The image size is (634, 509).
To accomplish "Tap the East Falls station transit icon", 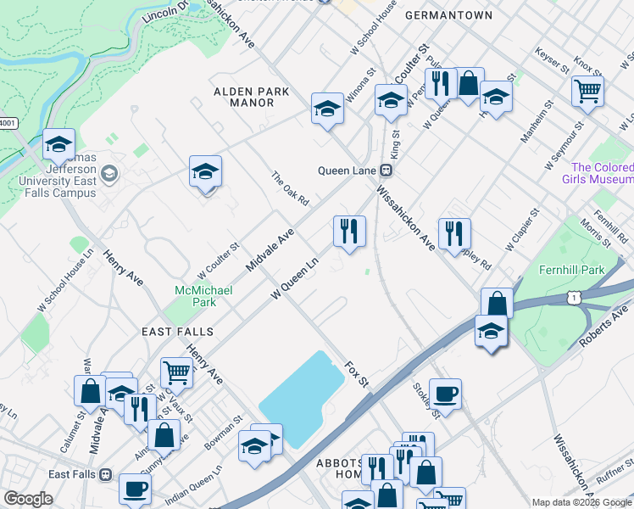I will pos(105,474).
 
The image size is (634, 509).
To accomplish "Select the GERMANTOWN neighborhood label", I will pos(448,15).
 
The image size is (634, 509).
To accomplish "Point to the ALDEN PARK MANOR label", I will pos(251,97).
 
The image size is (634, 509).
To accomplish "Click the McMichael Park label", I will pos(195,296).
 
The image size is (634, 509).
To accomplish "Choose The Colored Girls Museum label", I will pos(601,173).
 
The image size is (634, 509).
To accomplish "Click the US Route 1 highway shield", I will pos(575,296).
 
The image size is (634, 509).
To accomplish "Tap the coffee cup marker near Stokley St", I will pos(445,394).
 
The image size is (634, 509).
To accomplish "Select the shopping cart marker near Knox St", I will pos(587,91).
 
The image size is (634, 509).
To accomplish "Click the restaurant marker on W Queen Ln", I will pos(348,230).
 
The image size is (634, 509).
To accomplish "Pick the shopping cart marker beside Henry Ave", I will pos(176,372).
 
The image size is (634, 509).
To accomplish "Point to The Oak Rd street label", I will pos(290,189).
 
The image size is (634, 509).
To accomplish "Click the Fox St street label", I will pos(357,373).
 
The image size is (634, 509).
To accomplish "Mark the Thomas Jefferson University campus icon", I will pos(108,175).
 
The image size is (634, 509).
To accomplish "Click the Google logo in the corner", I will pos(27,499).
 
